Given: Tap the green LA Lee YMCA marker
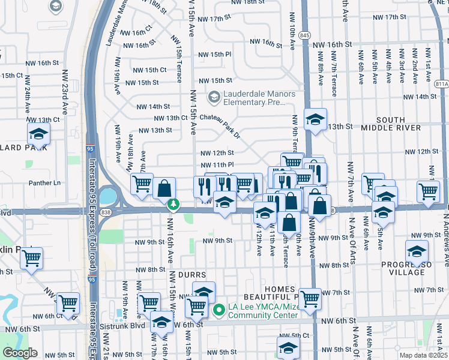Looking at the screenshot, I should tap(219, 310).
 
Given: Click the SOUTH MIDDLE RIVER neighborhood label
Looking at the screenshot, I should tap(391, 124).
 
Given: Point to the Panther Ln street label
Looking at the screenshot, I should tap(45, 182).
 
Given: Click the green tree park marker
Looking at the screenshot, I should tap(173, 205).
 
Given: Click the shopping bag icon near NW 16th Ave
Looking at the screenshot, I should tap(164, 188).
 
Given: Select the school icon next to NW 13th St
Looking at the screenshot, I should tap(315, 119).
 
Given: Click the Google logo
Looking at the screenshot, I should tap(20, 353).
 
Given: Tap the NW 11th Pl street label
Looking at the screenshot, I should tap(217, 164).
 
